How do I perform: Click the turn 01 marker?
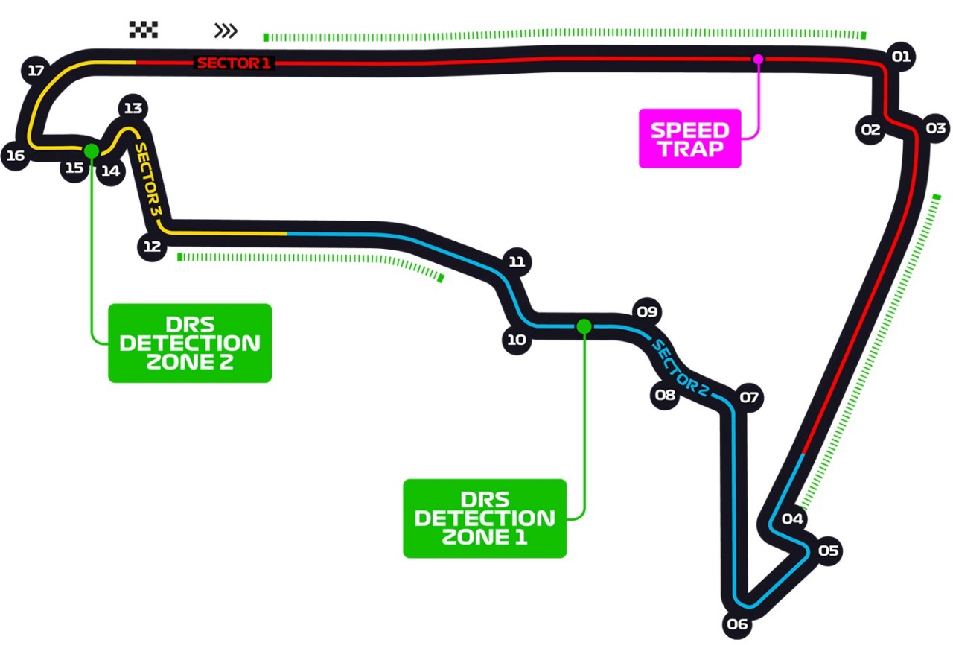pos(901,57)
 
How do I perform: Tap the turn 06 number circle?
pos(737,624)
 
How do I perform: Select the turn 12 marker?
pos(152,247)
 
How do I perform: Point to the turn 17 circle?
pos(35,72)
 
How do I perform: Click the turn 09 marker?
pos(646,311)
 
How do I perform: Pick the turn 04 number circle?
pos(793,519)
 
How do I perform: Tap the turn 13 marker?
pos(133,108)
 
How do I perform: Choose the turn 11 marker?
pos(517,262)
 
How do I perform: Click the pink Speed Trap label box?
pos(689,139)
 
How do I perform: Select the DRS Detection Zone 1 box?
pos(485,518)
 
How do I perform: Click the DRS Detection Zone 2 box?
pos(190,343)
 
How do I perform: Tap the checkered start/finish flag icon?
pos(143,29)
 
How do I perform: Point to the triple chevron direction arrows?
pos(226,31)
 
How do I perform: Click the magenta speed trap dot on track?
pos(758,59)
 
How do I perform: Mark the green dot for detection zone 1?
pos(584,326)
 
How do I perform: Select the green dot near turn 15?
pos(91,151)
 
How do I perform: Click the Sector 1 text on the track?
pos(234,63)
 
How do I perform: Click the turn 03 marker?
pos(935,127)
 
